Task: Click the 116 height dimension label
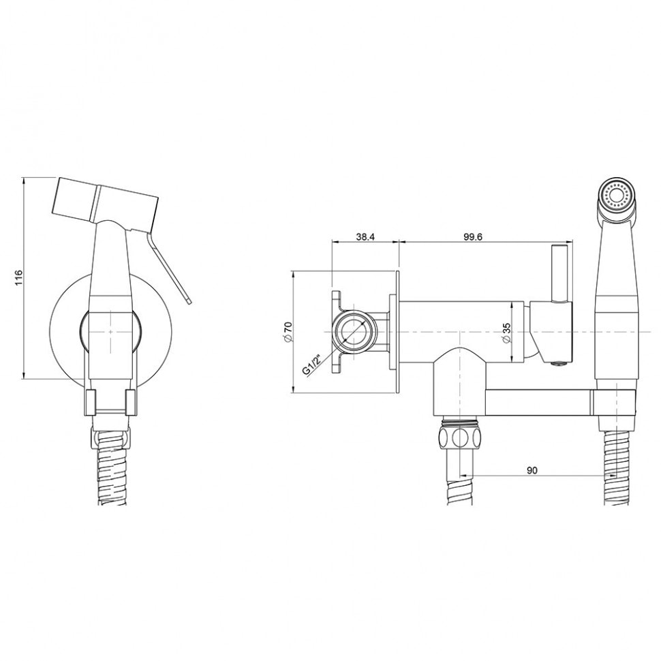pos(17,278)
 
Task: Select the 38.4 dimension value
pos(365,236)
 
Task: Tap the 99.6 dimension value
pos(472,236)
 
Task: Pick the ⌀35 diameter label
pos(506,333)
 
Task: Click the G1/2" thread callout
pos(311,365)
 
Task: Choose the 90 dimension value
pos(532,470)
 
